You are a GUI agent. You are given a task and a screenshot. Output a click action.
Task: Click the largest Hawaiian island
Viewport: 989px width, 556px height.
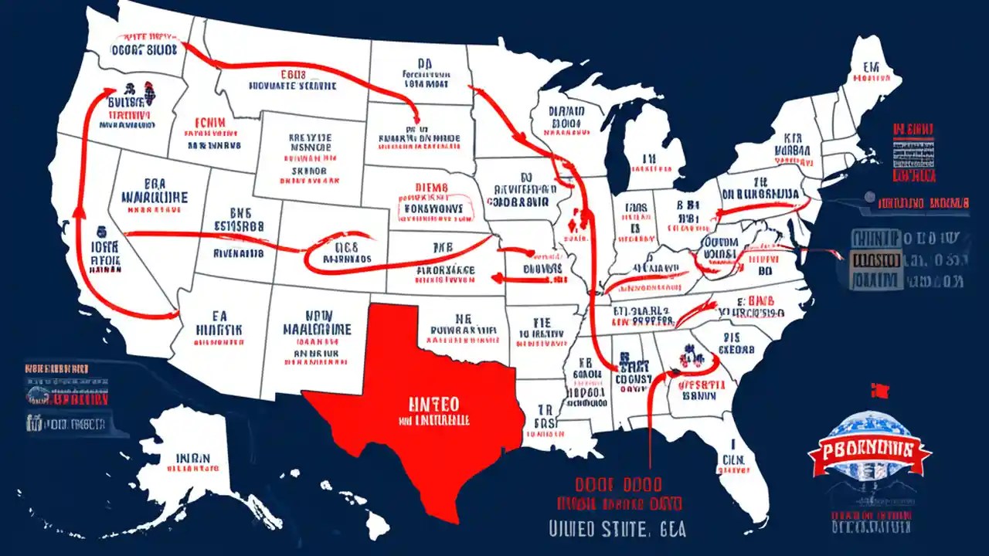coord(376,525)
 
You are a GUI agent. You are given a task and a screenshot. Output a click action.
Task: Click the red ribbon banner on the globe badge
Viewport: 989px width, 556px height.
coord(869,449)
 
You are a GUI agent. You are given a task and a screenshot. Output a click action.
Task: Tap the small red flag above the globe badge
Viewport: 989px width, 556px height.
coord(875,388)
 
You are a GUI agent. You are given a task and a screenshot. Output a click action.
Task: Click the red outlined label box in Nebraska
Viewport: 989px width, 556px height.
coord(431,203)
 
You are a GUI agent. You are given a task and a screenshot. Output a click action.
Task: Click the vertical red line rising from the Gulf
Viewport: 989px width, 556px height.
coord(651,432)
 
